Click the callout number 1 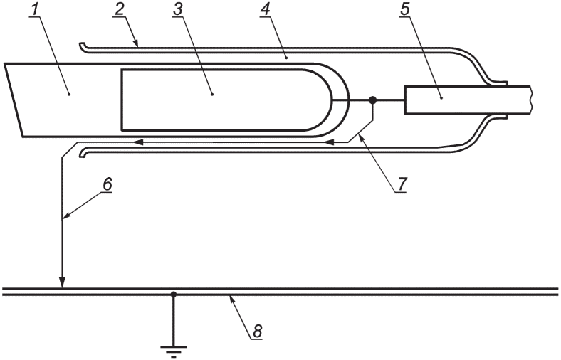[34, 9]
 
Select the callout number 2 [119, 9]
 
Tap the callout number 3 [177, 9]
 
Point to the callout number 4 [265, 9]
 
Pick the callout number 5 [404, 9]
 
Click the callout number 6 [108, 184]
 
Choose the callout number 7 [402, 184]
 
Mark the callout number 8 [258, 332]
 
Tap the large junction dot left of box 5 [372, 100]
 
